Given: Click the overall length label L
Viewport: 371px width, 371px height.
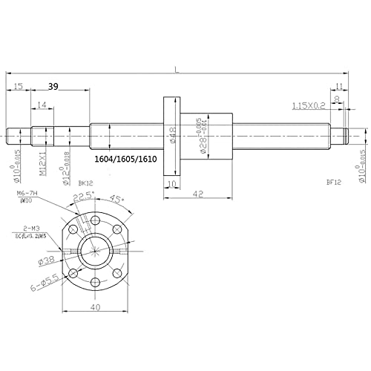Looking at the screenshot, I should click(x=176, y=70).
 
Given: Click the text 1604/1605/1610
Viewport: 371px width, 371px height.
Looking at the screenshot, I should click(x=126, y=159).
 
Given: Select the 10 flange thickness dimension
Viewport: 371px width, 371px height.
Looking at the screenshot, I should click(x=171, y=185).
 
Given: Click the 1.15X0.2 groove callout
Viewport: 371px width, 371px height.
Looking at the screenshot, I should click(x=309, y=107).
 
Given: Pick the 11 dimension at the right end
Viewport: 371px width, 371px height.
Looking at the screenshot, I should click(x=340, y=87).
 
